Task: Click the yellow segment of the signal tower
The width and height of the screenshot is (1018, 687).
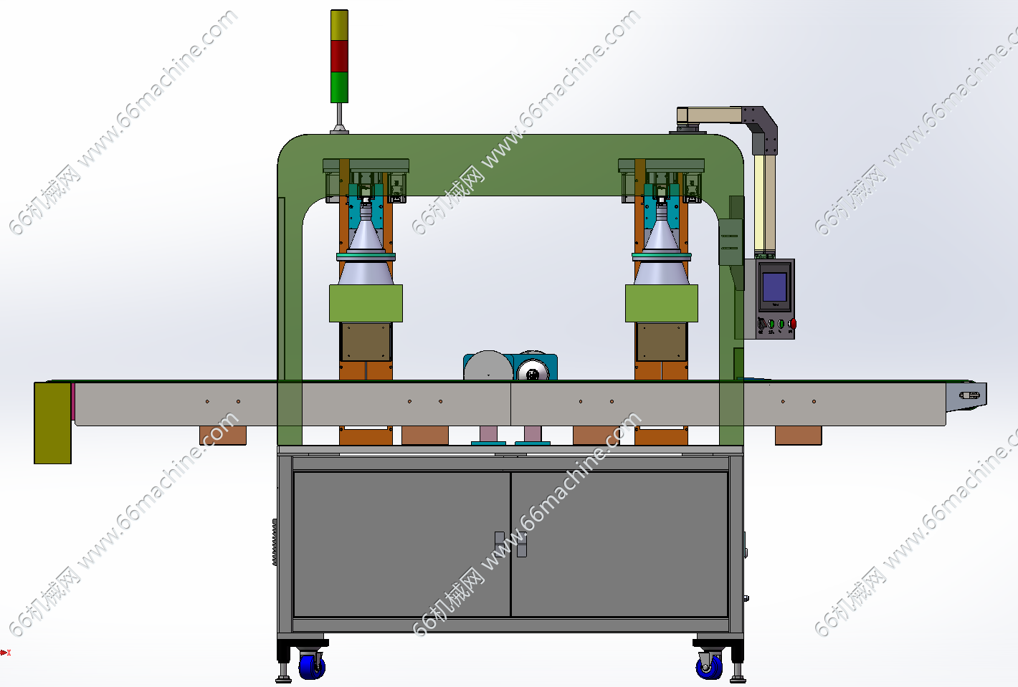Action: pyautogui.click(x=339, y=25)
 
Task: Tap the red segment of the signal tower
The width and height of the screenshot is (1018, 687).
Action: pyautogui.click(x=339, y=56)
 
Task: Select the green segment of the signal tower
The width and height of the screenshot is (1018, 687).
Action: pyautogui.click(x=339, y=87)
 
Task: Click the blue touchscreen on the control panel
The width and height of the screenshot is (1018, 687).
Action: pyautogui.click(x=774, y=287)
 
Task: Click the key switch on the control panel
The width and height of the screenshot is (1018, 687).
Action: pyautogui.click(x=761, y=324)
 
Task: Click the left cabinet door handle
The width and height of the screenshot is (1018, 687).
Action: pyautogui.click(x=500, y=544)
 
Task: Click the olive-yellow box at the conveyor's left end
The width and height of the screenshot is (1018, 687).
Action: pyautogui.click(x=53, y=423)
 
